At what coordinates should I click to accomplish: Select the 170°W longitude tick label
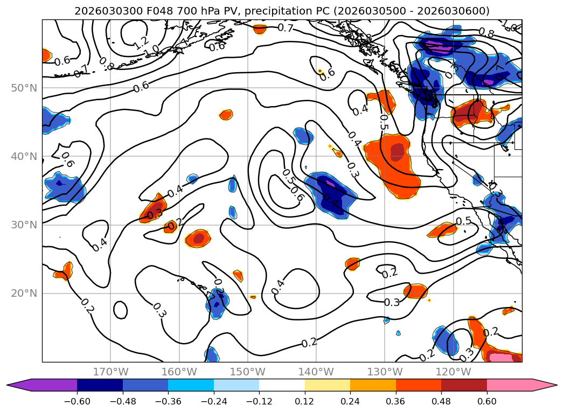tap(110, 372)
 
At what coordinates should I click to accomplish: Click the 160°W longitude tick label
tap(179, 372)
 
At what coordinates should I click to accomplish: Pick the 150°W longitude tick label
tap(247, 372)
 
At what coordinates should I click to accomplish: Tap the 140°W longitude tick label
tap(316, 372)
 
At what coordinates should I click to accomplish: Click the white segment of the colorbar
tap(282, 385)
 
